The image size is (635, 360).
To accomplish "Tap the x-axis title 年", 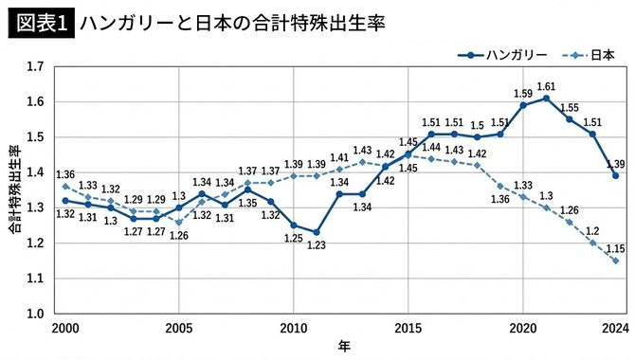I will tap(343, 347).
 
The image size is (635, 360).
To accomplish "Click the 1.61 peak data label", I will tap(546, 86).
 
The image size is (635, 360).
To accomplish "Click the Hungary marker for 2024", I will tap(616, 176).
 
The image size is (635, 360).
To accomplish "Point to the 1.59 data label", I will tap(522, 93).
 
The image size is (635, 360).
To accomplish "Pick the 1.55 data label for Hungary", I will tap(569, 107).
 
